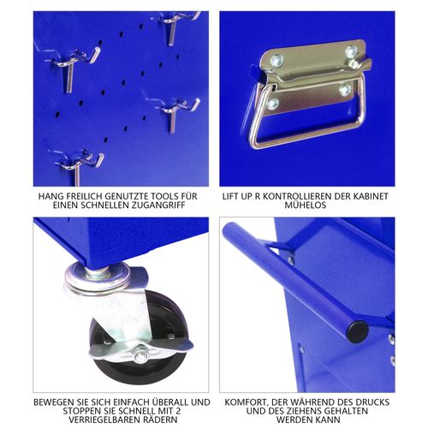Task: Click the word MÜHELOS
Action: point(305,207)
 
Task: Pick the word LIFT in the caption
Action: point(236,196)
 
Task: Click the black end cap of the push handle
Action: point(357,331)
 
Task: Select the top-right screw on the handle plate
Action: point(350,51)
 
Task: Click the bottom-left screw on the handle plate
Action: point(273,104)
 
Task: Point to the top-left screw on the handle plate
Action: point(276,61)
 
